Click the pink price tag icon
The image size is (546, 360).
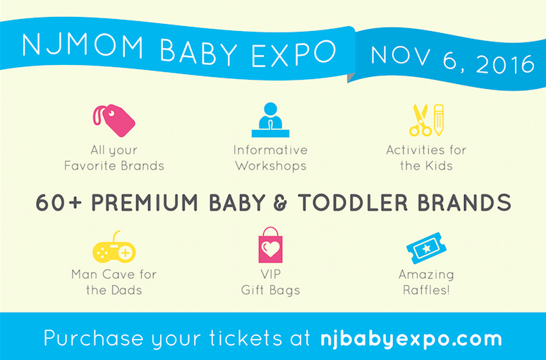[x=115, y=121]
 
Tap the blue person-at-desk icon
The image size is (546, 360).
[x=271, y=119]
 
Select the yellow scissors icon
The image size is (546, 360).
[x=420, y=120]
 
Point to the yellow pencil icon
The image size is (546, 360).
[x=439, y=119]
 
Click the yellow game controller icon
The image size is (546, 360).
[x=114, y=249]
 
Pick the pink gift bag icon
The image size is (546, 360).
[x=271, y=245]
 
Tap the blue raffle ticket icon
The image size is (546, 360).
[x=427, y=248]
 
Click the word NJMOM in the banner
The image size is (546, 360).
[x=83, y=46]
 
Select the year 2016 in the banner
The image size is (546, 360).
[x=505, y=64]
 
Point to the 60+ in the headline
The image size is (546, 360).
[x=59, y=203]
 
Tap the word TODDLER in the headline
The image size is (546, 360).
[x=353, y=203]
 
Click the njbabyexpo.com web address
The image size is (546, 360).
[x=411, y=339]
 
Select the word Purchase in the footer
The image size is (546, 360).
[x=94, y=338]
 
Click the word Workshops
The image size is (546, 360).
[x=271, y=166]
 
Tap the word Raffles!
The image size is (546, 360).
[x=426, y=289]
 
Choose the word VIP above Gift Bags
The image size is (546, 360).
[x=271, y=275]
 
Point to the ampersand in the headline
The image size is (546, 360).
[x=281, y=203]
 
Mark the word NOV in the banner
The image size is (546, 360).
[x=401, y=55]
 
